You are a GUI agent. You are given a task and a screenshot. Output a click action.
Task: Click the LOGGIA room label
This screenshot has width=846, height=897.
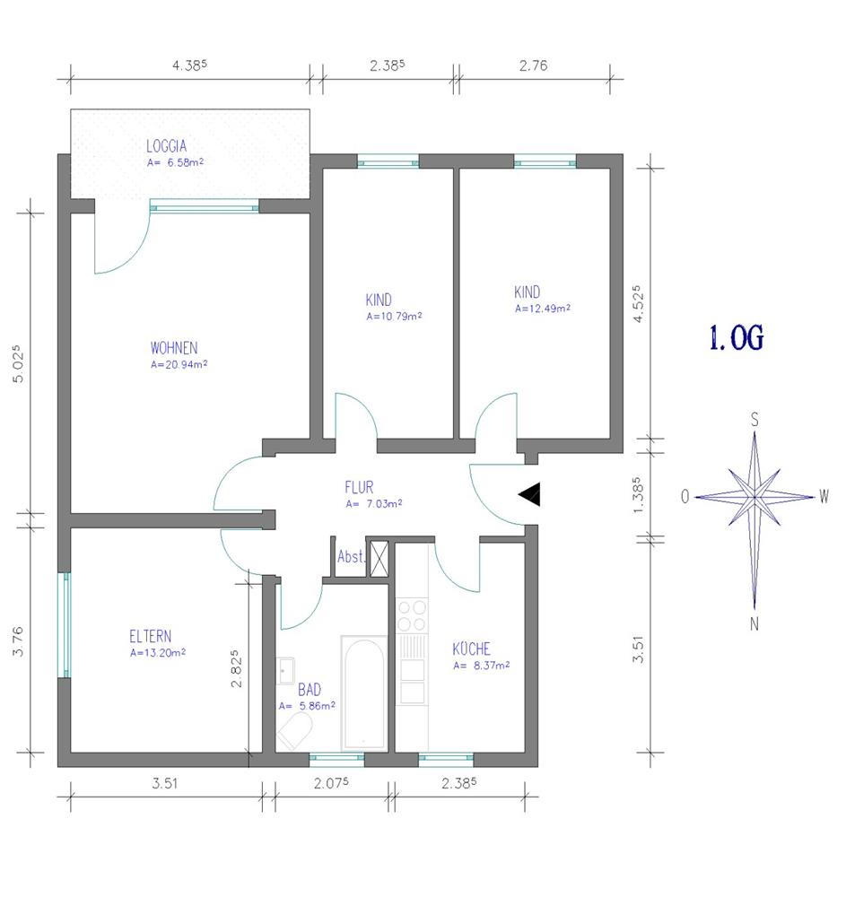click(167, 146)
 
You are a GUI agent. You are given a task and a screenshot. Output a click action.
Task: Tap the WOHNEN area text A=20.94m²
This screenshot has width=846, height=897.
click(179, 364)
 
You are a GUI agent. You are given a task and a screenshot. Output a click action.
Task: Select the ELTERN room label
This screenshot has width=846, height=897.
click(150, 636)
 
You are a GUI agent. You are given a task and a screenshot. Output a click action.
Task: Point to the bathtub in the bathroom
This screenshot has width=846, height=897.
click(364, 692)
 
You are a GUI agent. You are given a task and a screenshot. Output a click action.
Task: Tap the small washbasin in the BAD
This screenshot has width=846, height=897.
click(285, 670)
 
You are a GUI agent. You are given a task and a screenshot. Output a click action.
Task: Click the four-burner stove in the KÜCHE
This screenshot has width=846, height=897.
click(412, 615)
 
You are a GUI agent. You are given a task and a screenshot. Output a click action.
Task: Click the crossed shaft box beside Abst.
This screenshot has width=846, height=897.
click(379, 558)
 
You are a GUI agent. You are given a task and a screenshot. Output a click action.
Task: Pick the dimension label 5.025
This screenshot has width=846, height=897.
click(18, 363)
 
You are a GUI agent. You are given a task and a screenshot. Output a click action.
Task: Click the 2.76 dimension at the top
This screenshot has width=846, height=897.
click(533, 65)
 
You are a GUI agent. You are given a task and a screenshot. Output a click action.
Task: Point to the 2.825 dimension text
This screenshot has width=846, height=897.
click(236, 668)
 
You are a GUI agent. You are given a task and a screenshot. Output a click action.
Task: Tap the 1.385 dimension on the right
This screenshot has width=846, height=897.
click(638, 495)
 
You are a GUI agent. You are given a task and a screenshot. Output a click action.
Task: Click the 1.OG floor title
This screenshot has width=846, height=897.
click(737, 337)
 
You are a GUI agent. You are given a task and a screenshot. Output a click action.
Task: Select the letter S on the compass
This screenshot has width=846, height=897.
click(754, 420)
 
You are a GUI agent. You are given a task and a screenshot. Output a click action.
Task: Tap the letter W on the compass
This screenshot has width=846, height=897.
click(824, 496)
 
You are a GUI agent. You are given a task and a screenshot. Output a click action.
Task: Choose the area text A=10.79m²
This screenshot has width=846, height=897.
click(394, 316)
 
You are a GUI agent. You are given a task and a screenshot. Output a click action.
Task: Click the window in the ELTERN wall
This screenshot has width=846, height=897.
click(65, 625)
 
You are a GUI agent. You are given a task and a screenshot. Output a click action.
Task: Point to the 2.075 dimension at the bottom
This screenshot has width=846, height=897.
click(331, 782)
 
